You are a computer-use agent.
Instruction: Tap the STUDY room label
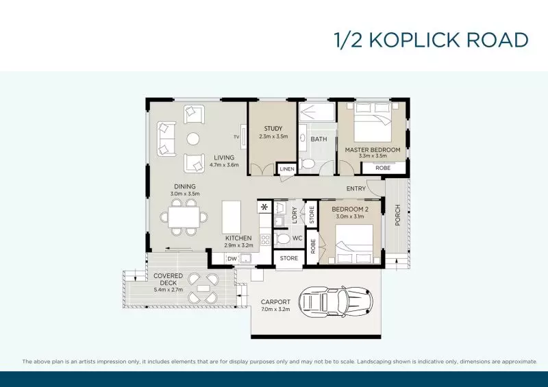pos(273,128)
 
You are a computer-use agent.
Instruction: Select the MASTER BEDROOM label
pos(373,149)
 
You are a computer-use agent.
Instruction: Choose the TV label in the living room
pos(236,136)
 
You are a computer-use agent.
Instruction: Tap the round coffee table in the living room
pos(194,139)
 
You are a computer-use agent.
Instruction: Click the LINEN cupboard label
pos(287,169)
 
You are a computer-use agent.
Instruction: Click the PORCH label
pos(397,216)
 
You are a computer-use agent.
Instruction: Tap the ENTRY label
pos(356,189)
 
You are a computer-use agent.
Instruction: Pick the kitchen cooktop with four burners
pos(265,240)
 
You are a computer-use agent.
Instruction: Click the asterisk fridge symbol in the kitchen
pos(264,206)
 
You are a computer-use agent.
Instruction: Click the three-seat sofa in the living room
pos(165,138)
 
